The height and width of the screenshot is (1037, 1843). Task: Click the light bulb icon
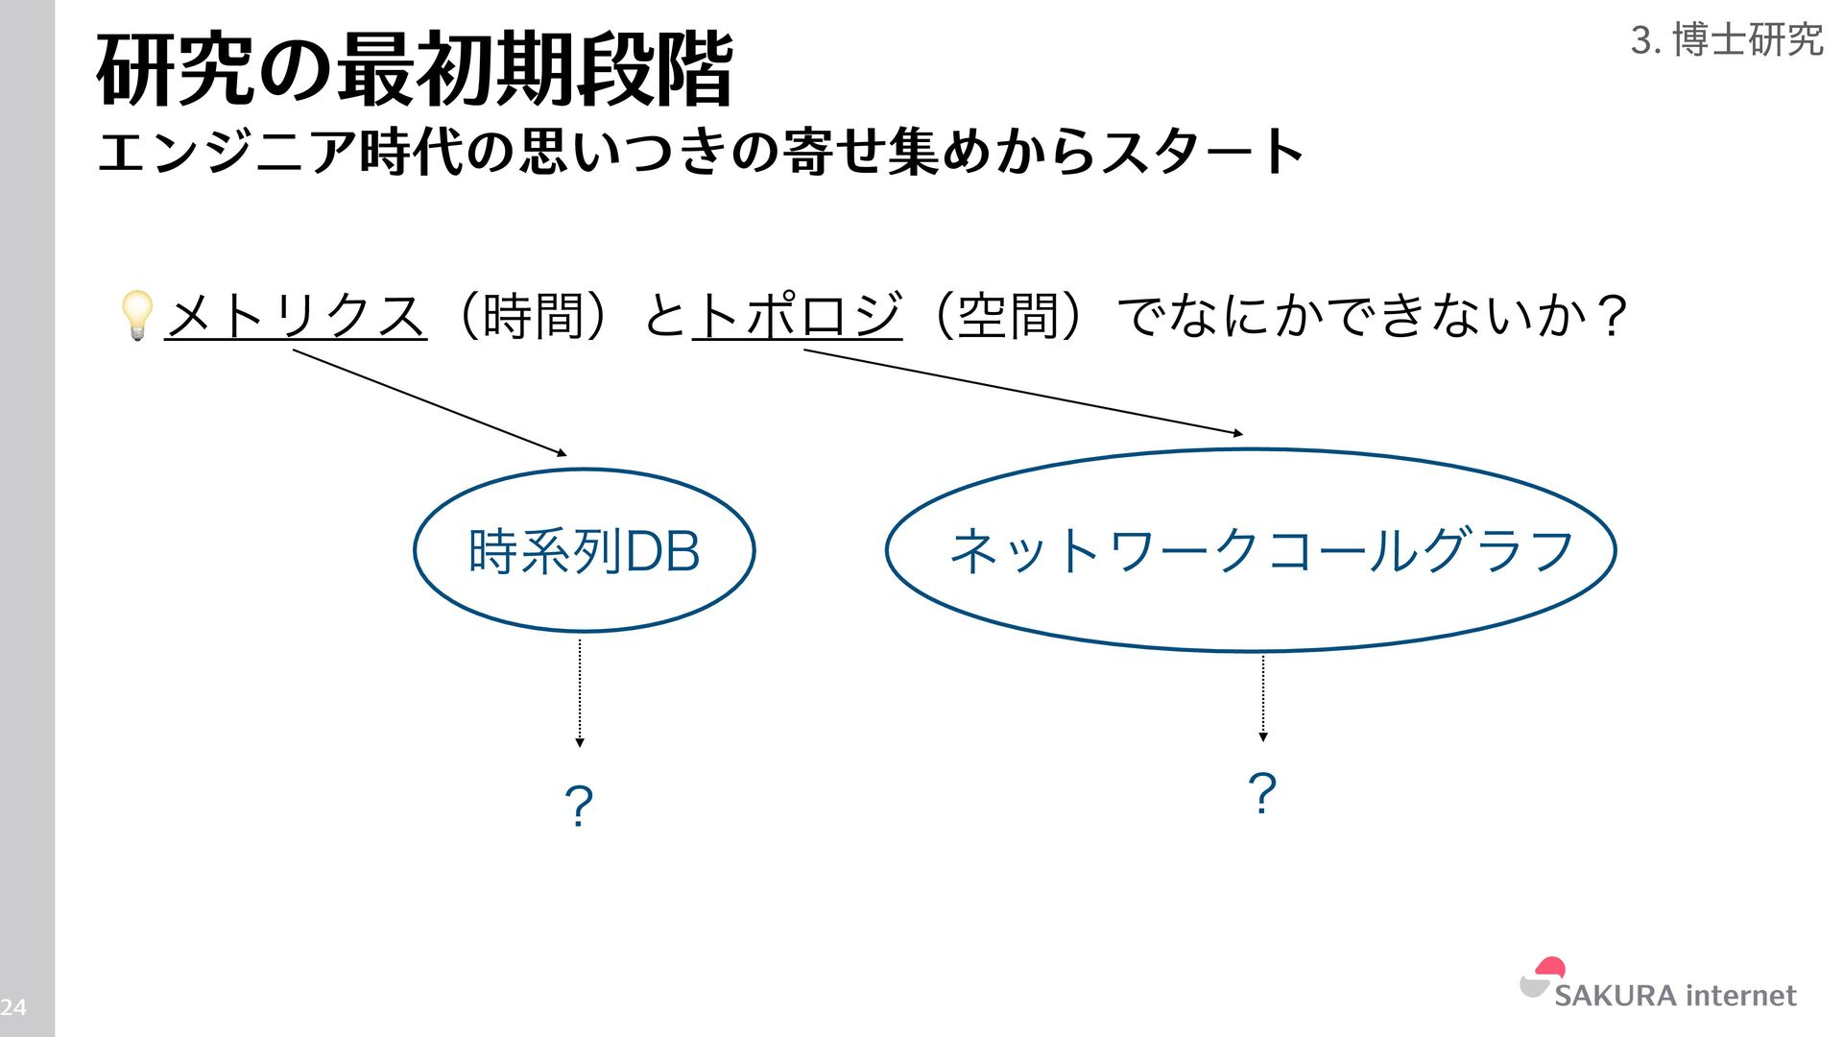point(136,315)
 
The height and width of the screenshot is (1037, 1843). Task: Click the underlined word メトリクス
point(296,315)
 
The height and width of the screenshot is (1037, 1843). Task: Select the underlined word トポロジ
point(797,315)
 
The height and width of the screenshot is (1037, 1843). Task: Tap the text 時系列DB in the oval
point(584,551)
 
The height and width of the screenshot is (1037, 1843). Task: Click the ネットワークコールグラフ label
point(1261,551)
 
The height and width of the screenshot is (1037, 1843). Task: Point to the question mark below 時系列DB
point(579,806)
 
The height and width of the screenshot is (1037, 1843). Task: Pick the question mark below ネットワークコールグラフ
point(1262,794)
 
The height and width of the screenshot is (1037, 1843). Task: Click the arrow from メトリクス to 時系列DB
point(430,402)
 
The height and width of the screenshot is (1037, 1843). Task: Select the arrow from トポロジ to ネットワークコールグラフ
point(1023,393)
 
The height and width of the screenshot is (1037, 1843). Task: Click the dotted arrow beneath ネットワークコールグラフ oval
point(1263,698)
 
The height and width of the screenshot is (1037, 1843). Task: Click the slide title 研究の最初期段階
point(415,69)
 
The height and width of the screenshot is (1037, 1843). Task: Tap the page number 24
point(13,1007)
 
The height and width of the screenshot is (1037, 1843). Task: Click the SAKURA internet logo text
point(1675,996)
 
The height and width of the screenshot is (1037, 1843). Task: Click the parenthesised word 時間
point(534,315)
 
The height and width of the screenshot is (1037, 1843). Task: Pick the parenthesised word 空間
point(1007,315)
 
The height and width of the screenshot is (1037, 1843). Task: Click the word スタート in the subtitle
point(1203,152)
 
